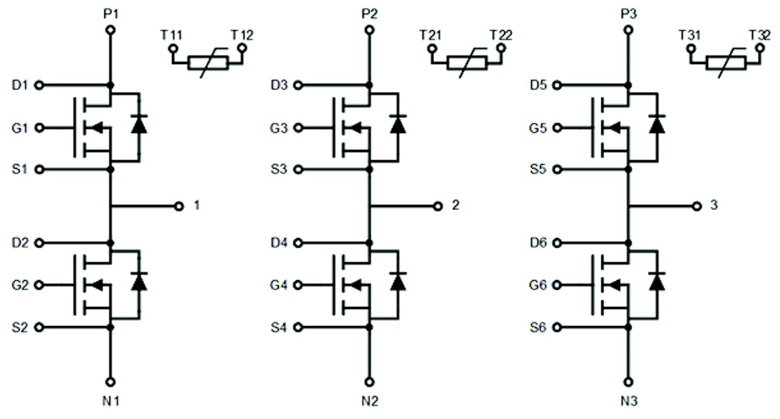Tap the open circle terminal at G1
coord(39,127)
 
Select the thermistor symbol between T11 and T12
coord(207,63)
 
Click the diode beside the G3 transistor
coord(398,125)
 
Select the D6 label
coord(538,243)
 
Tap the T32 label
coord(760,35)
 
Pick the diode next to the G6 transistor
coord(657,282)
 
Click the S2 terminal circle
coord(39,327)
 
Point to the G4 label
coord(279,285)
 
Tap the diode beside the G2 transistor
coord(139,282)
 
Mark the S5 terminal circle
coord(557,169)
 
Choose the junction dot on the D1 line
coord(111,85)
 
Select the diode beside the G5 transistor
coord(657,125)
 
